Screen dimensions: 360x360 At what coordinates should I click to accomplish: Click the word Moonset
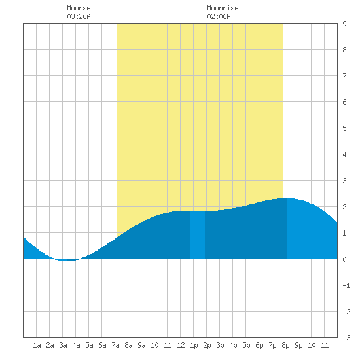click(x=81, y=8)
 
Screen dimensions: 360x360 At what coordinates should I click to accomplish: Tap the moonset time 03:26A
click(x=79, y=16)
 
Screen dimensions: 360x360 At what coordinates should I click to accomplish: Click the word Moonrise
click(x=223, y=8)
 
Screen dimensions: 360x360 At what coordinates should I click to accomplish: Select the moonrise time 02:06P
click(x=219, y=16)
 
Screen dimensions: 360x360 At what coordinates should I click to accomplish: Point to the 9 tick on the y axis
click(x=344, y=24)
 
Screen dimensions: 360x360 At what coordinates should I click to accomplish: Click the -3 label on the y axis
click(x=347, y=338)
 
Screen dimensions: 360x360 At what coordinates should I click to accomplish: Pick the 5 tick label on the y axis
click(x=344, y=128)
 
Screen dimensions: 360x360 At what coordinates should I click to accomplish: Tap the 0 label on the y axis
click(x=344, y=259)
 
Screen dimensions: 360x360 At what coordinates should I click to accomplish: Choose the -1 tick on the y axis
click(x=347, y=285)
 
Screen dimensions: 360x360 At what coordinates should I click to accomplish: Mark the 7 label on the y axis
click(x=344, y=76)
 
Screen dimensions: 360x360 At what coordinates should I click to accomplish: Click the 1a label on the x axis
click(x=37, y=345)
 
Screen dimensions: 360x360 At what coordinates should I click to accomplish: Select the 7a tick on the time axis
click(x=115, y=345)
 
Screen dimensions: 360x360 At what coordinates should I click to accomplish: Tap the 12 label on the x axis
click(x=181, y=345)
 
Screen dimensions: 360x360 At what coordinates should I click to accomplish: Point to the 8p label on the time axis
click(x=285, y=345)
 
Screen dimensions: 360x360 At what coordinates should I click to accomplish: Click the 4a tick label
click(x=76, y=345)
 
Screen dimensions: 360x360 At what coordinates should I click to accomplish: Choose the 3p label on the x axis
click(x=220, y=345)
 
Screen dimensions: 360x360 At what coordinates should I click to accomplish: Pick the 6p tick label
click(x=259, y=345)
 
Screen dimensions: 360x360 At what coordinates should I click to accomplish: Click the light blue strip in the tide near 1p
click(x=198, y=234)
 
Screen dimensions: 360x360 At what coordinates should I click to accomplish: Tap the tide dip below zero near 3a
click(x=67, y=260)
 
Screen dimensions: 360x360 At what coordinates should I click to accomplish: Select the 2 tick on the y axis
click(x=344, y=207)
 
